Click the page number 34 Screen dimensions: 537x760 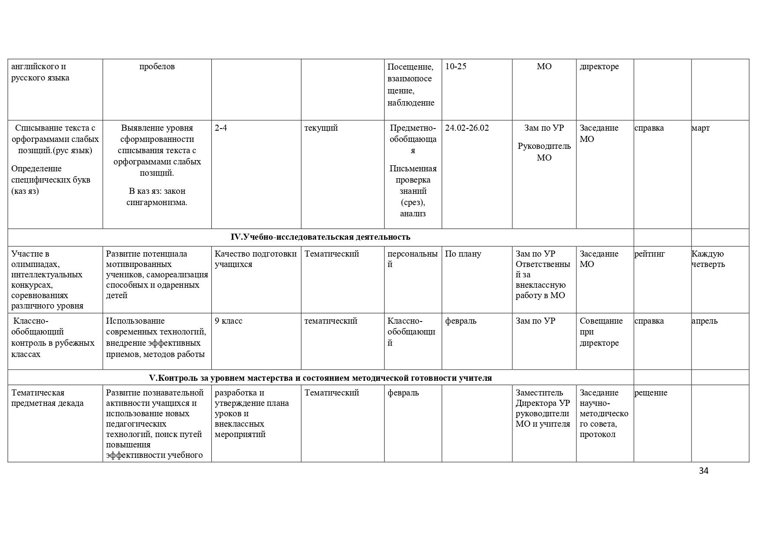[x=703, y=471]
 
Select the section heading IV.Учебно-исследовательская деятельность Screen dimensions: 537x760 [x=320, y=237]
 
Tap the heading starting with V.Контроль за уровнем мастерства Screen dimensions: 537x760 [x=320, y=378]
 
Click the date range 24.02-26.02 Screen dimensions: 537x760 [x=467, y=128]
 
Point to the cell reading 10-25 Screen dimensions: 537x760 [x=456, y=67]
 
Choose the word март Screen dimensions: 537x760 [x=701, y=128]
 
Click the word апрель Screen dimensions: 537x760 [x=705, y=321]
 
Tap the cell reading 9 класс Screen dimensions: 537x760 [x=229, y=321]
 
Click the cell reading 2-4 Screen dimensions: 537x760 [x=221, y=128]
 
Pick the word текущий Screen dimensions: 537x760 [x=321, y=128]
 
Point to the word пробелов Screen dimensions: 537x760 [x=157, y=67]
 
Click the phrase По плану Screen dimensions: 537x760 [x=463, y=254]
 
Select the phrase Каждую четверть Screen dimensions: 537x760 [x=708, y=259]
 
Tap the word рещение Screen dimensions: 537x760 [x=651, y=393]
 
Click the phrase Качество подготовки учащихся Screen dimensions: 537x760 [x=255, y=259]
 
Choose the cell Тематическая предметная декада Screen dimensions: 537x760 [x=48, y=398]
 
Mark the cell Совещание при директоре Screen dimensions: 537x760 [x=601, y=332]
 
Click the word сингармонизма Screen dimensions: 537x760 [x=157, y=203]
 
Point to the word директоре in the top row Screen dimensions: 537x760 [x=599, y=67]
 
